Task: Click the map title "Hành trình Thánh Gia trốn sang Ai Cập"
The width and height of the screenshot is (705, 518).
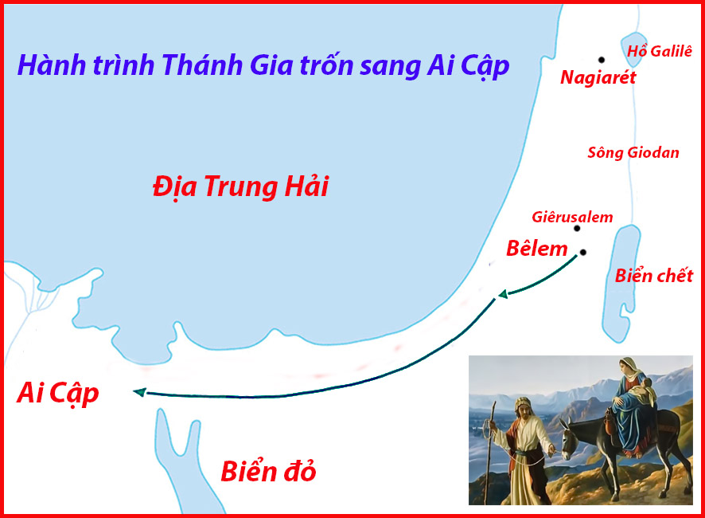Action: pyautogui.click(x=263, y=66)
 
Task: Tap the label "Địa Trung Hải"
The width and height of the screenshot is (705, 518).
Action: pyautogui.click(x=240, y=186)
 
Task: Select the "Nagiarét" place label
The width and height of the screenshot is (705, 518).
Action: pyautogui.click(x=598, y=77)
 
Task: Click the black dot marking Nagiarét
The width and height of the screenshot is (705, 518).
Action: pyautogui.click(x=601, y=60)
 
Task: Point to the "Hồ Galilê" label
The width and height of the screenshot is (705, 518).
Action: pyautogui.click(x=660, y=51)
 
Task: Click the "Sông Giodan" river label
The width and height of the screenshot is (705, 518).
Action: pyautogui.click(x=633, y=153)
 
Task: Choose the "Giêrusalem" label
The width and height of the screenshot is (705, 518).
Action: pyautogui.click(x=572, y=217)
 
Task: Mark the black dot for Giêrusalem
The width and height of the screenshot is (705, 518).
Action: pyautogui.click(x=577, y=229)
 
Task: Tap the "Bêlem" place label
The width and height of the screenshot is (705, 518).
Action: pyautogui.click(x=537, y=249)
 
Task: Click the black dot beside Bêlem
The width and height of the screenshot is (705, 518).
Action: pyautogui.click(x=582, y=253)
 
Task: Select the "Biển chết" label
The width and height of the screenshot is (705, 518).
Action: pyautogui.click(x=654, y=276)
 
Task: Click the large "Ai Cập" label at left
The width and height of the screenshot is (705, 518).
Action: pyautogui.click(x=57, y=393)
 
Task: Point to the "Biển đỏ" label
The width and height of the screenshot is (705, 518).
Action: pyautogui.click(x=268, y=472)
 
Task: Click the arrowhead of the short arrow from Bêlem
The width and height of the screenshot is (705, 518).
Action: pyautogui.click(x=503, y=294)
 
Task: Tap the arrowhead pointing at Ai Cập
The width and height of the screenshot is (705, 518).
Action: pyautogui.click(x=140, y=392)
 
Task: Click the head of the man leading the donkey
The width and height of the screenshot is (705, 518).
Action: pyautogui.click(x=524, y=409)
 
